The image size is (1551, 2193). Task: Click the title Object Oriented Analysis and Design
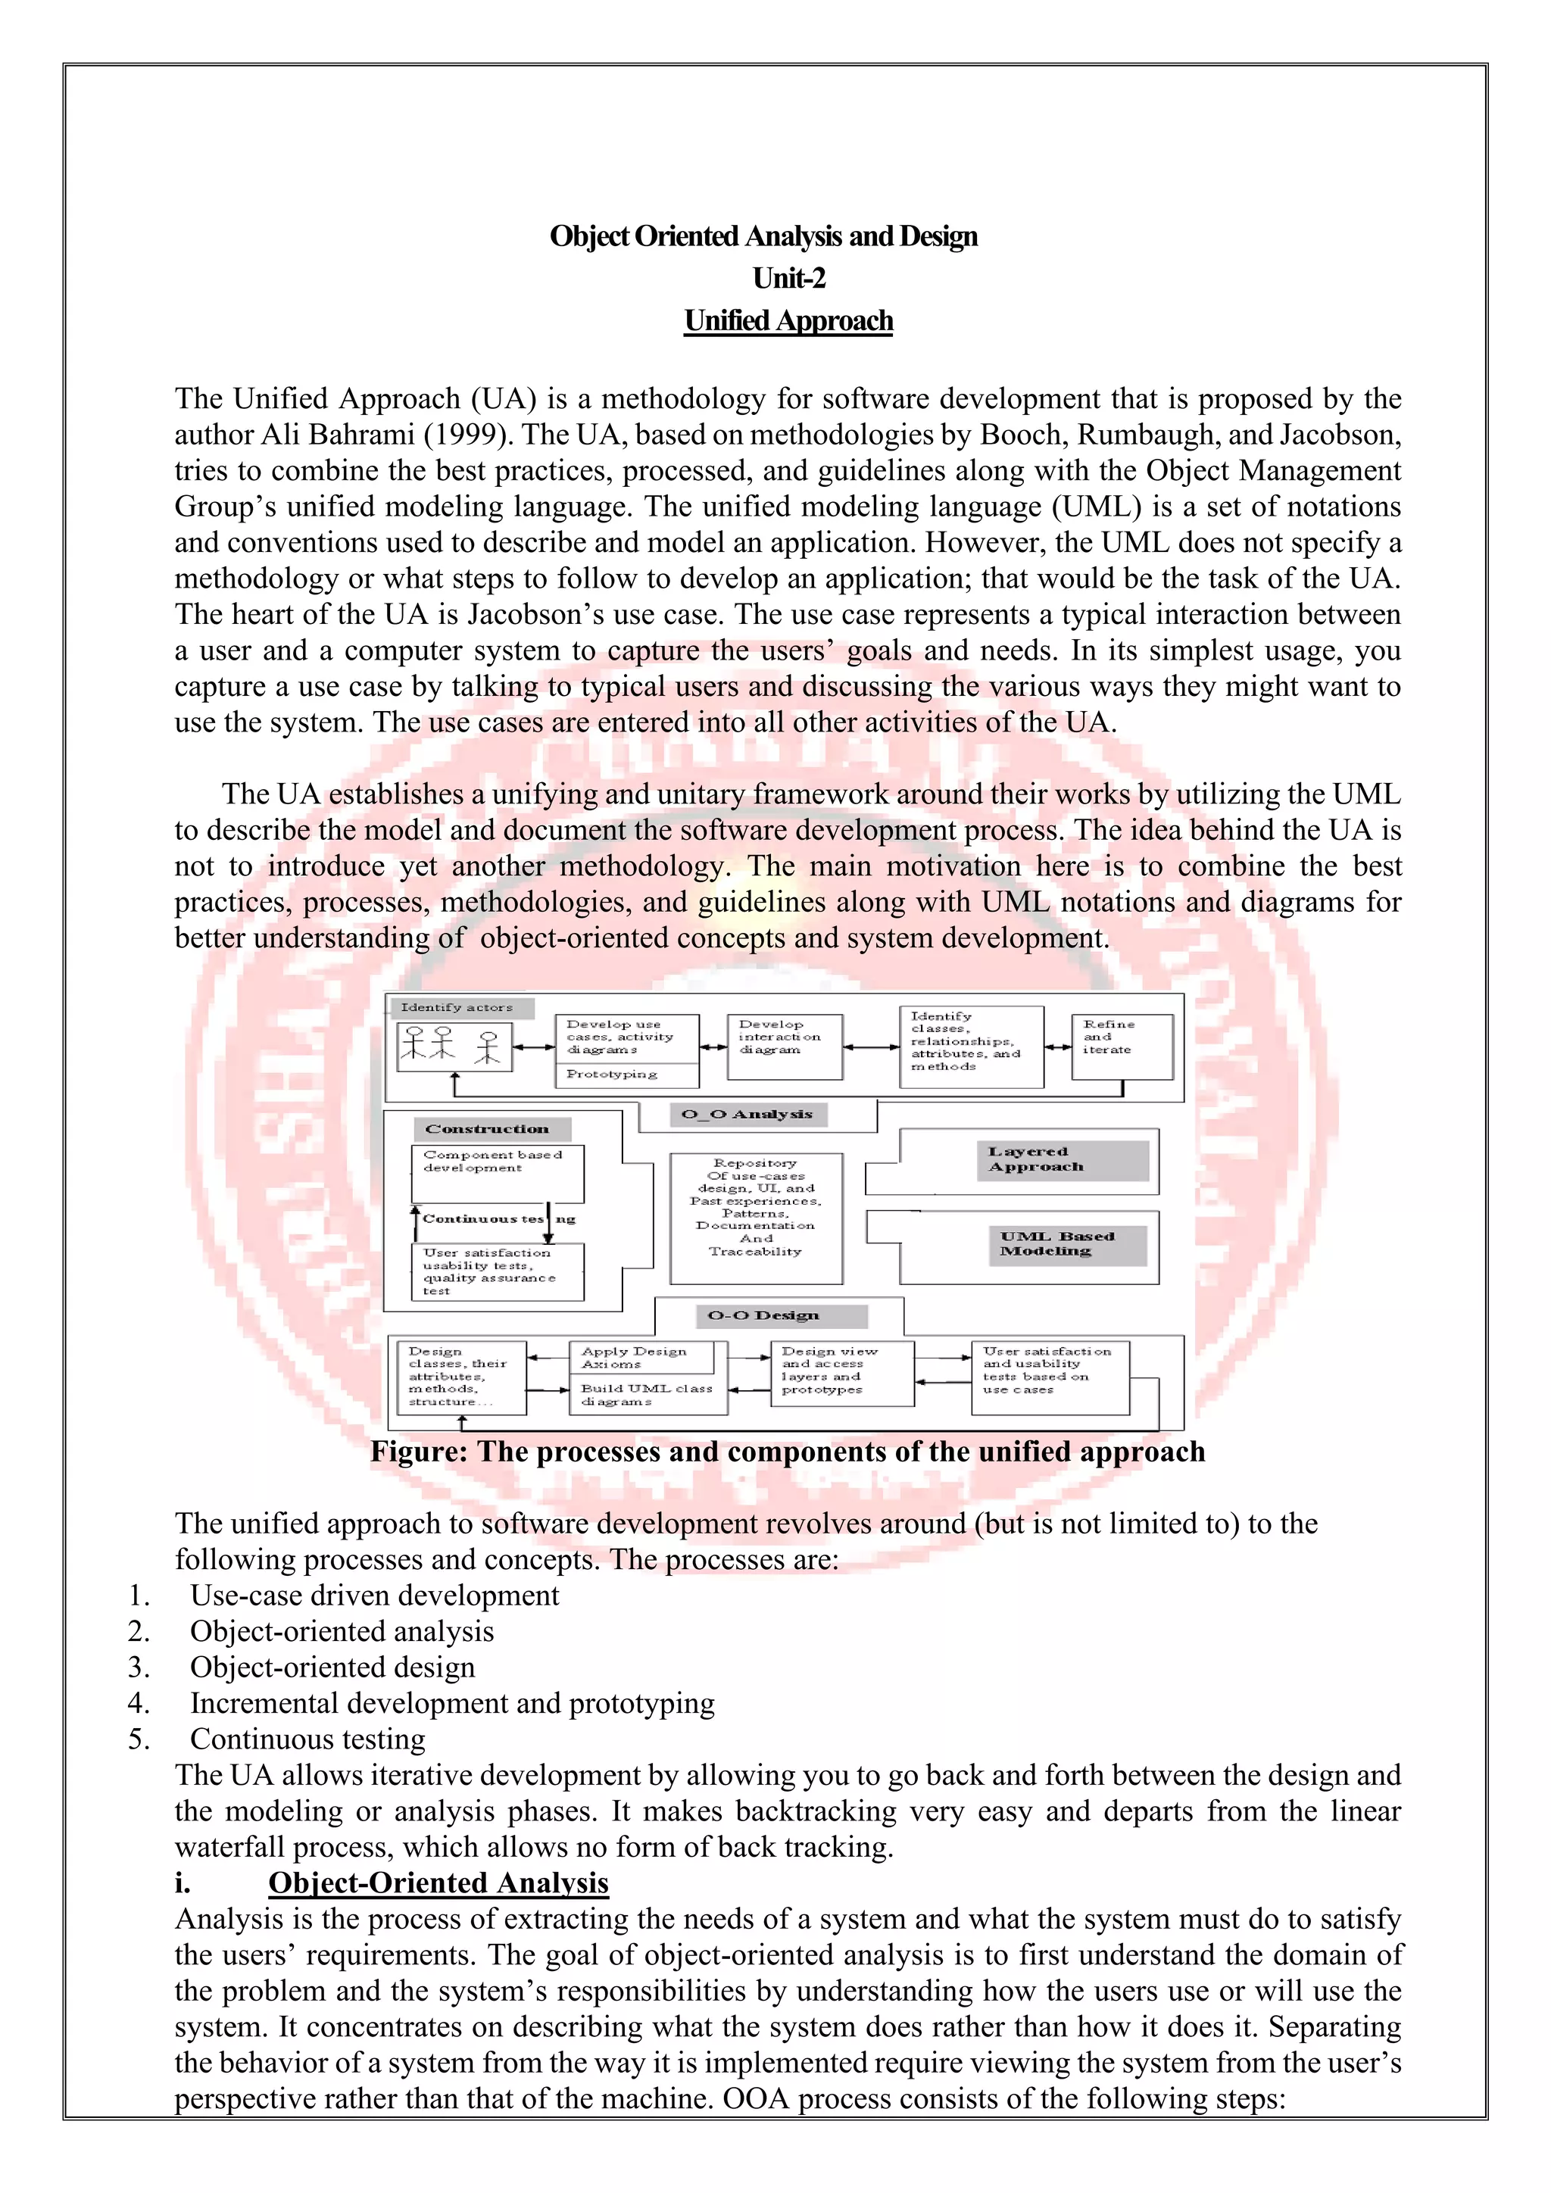tap(763, 236)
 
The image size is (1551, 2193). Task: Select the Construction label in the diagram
tap(487, 1129)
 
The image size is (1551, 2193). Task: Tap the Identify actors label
tap(457, 1008)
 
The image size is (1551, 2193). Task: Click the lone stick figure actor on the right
tap(488, 1047)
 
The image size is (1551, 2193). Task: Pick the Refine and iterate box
tap(1122, 1046)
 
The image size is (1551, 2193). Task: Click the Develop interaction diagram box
tap(784, 1046)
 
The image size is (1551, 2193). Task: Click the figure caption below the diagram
tap(787, 1452)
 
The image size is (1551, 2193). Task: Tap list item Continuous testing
tap(307, 1739)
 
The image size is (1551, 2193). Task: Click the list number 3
tap(139, 1667)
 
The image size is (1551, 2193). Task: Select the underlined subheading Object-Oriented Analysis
tap(438, 1883)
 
